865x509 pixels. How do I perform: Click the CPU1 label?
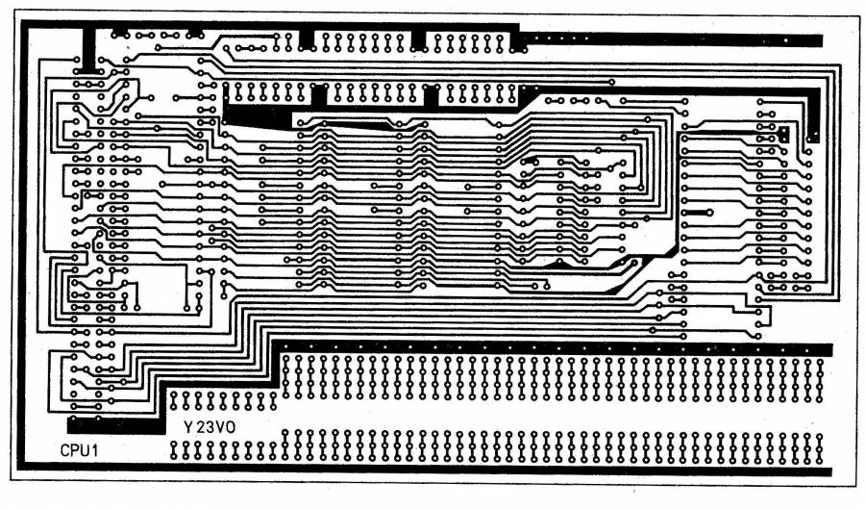(x=79, y=450)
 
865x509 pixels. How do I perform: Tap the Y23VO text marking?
(x=210, y=427)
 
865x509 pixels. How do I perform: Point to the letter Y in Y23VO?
(x=188, y=427)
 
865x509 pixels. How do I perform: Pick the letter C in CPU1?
(x=65, y=450)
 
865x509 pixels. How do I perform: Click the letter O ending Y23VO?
(x=230, y=427)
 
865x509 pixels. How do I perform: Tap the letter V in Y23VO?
(x=218, y=427)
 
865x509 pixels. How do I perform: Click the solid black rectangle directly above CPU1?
(x=116, y=425)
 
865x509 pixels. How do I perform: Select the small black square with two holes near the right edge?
(x=783, y=134)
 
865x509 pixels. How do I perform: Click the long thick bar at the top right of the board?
(x=672, y=39)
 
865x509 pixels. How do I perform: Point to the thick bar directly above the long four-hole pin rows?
(x=553, y=349)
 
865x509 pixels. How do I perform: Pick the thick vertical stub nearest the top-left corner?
(x=88, y=48)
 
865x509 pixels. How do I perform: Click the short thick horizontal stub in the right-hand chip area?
(x=698, y=213)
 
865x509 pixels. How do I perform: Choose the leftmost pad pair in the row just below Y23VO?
(x=174, y=450)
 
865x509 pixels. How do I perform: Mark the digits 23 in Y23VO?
(x=204, y=427)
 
